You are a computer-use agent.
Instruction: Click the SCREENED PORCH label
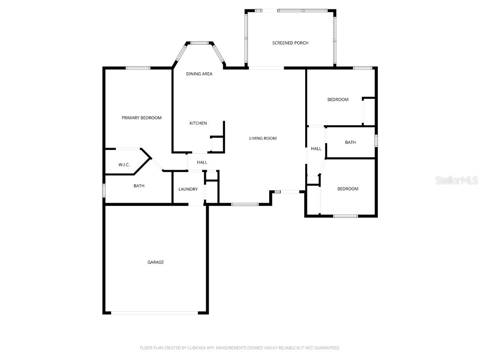290,43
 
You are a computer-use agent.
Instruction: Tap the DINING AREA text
199,74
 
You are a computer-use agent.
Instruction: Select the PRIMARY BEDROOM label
142,118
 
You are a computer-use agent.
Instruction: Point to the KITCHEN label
198,123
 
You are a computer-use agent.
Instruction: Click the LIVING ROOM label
262,138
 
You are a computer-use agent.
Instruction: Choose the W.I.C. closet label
124,165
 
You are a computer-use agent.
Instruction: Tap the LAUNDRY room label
188,189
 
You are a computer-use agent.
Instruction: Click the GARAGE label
156,262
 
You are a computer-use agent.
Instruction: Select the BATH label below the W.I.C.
139,186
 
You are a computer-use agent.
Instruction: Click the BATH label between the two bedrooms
350,142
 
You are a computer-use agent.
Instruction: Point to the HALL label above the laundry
202,163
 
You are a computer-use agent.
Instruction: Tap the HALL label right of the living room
316,149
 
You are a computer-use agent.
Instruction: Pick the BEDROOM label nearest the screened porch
337,99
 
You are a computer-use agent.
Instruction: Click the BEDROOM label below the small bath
348,189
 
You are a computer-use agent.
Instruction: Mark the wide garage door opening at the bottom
155,313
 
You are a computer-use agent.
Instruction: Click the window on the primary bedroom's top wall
138,68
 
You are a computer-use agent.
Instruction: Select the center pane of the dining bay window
199,43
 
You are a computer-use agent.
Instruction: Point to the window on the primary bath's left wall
104,190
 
